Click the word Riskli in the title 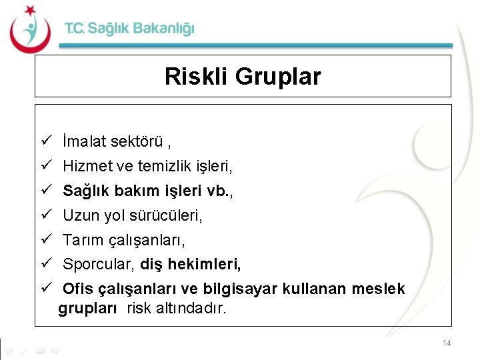[196, 77]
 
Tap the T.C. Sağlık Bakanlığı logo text [129, 29]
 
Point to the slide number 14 [446, 343]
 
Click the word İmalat [83, 141]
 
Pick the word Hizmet [83, 166]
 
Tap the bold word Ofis [78, 289]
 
